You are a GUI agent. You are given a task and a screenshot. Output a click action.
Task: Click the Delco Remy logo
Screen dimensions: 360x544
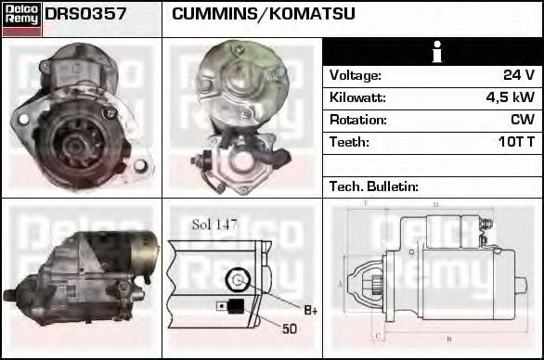pos(21,18)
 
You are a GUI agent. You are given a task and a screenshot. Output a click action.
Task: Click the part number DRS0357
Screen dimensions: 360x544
pos(85,15)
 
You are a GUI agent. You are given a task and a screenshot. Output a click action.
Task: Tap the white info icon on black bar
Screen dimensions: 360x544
pos(433,52)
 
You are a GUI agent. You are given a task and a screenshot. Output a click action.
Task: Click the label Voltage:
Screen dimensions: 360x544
pos(356,75)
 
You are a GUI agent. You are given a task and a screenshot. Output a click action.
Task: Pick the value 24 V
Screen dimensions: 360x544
pos(518,75)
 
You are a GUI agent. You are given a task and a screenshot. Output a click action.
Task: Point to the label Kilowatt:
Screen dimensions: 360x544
pos(357,97)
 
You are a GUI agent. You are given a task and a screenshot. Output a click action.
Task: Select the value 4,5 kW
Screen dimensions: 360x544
pos(510,97)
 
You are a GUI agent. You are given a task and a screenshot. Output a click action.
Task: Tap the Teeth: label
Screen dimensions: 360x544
pos(349,142)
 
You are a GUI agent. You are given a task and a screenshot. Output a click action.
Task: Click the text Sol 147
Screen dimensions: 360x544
pos(214,224)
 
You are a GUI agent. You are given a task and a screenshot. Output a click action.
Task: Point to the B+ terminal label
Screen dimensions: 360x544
pos(311,309)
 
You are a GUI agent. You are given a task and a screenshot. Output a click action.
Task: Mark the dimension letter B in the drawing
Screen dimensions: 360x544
pos(449,339)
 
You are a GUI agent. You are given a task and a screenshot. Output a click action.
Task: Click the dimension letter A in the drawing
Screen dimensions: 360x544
pos(341,282)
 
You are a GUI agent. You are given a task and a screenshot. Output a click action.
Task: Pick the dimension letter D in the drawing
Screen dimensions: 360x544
pos(436,204)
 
